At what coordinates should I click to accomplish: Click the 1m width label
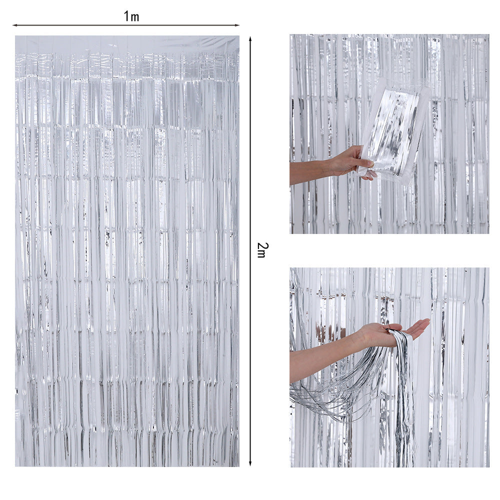[131, 16]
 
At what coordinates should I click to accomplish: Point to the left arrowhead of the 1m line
[15, 25]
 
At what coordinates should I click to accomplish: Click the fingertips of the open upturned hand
[424, 323]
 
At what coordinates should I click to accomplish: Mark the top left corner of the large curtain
[15, 36]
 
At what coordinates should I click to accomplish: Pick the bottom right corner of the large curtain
[238, 465]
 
